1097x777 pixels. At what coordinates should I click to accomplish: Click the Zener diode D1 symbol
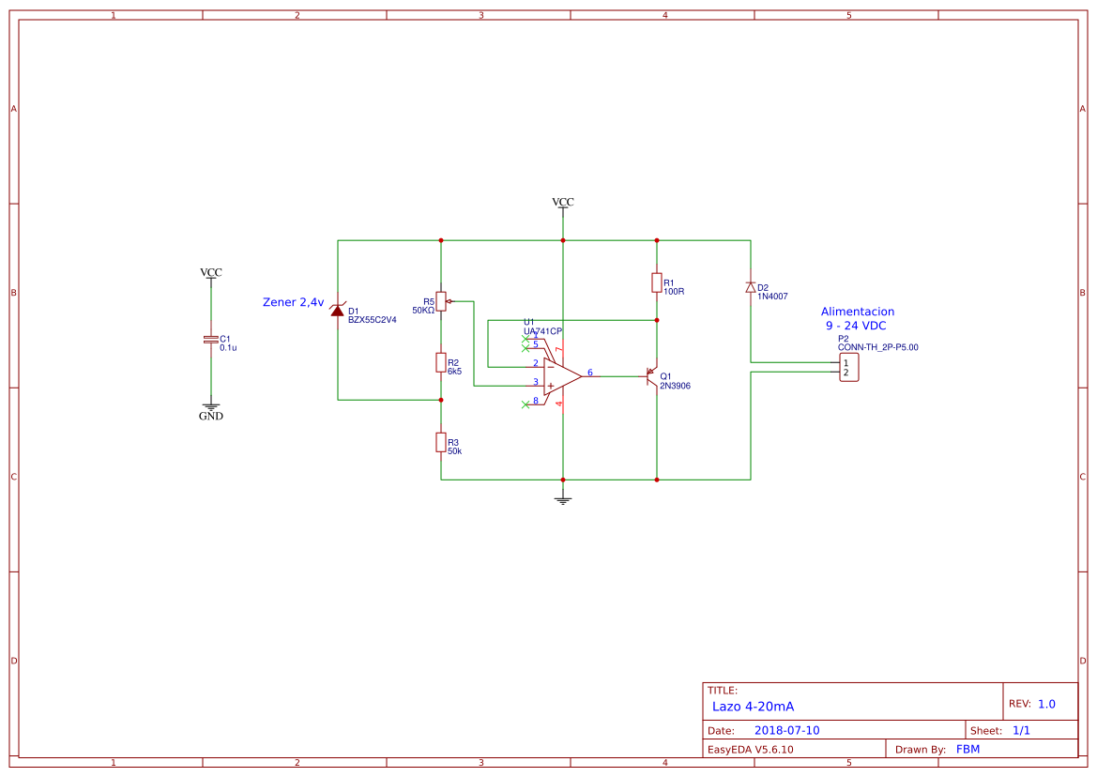point(337,309)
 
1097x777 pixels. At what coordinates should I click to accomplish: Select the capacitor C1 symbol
point(211,340)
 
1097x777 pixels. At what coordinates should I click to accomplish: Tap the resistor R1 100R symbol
point(657,282)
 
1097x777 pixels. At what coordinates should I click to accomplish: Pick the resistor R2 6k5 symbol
point(441,362)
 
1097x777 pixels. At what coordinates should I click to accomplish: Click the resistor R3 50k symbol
point(441,442)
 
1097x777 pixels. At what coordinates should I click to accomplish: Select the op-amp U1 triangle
point(561,376)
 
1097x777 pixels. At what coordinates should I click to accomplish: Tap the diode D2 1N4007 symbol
point(750,287)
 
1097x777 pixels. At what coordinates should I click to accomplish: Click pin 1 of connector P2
point(846,362)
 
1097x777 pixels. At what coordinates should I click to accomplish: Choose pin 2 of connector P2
point(846,373)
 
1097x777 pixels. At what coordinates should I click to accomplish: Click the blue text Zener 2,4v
point(293,302)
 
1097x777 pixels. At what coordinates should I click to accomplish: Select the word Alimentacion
point(857,312)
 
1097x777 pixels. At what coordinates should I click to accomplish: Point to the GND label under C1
point(211,416)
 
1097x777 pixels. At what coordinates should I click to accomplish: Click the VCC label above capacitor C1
point(211,273)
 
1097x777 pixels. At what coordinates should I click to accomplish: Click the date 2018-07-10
point(786,730)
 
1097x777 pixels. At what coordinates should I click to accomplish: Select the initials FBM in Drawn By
point(968,749)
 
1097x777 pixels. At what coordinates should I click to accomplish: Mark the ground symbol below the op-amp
point(563,499)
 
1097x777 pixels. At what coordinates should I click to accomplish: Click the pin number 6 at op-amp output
point(590,373)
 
